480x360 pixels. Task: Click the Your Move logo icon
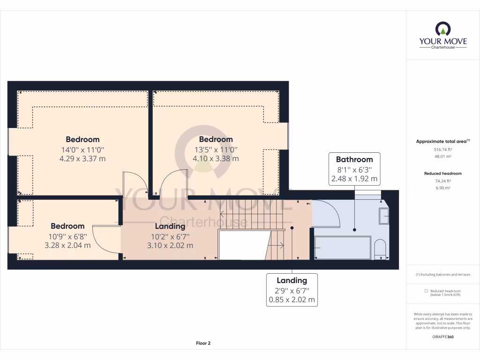(443, 29)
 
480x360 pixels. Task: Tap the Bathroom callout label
(354, 159)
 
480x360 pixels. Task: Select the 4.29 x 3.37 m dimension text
(82, 158)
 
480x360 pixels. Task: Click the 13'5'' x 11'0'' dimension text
(216, 150)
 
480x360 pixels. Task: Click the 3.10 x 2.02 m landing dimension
(170, 245)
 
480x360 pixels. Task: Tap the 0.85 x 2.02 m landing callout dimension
(292, 300)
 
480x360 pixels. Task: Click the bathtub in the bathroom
(343, 248)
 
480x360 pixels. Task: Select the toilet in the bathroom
(381, 249)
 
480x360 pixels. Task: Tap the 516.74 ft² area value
(443, 149)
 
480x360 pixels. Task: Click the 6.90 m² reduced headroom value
(443, 187)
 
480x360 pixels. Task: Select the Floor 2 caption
(203, 343)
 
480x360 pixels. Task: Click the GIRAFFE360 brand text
(443, 337)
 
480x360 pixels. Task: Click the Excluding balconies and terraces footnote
(443, 274)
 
